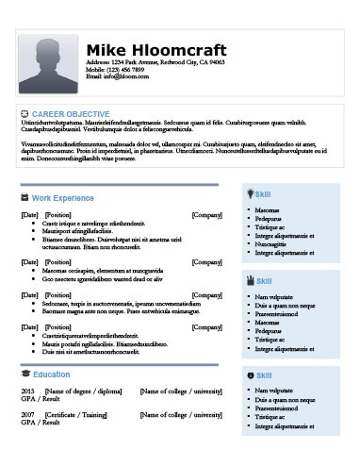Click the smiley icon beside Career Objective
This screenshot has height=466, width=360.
tap(25, 113)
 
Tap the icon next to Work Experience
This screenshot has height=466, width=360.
tap(25, 198)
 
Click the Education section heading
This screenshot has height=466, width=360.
tap(51, 374)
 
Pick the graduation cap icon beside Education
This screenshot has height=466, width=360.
tap(25, 374)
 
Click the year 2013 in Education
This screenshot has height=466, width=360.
tap(27, 391)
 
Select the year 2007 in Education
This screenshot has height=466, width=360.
tap(27, 414)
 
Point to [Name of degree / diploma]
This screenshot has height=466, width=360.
tap(84, 391)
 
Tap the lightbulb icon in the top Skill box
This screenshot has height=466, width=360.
tap(250, 192)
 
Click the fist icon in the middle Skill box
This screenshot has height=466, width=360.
tap(250, 280)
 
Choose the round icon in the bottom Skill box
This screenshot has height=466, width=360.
tap(250, 375)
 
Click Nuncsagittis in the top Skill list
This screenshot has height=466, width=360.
tap(274, 244)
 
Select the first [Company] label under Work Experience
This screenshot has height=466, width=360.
tap(206, 215)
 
